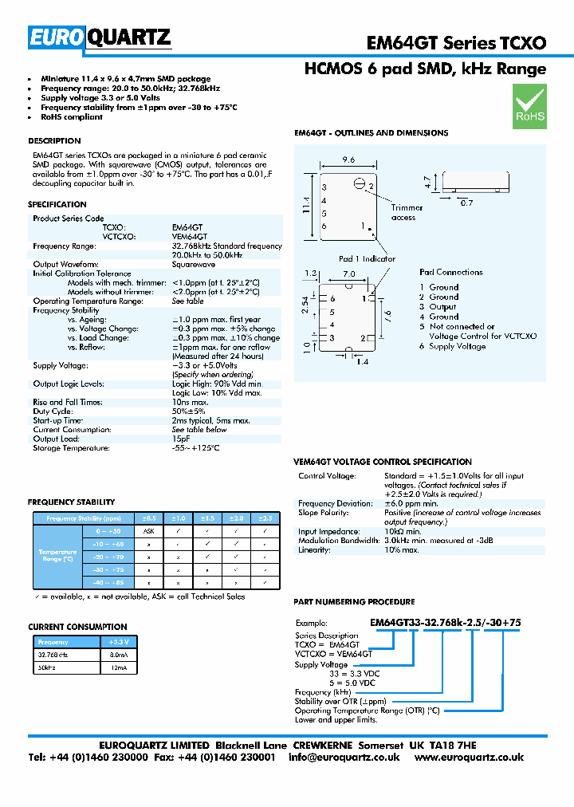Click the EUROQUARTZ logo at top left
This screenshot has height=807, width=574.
coord(100,37)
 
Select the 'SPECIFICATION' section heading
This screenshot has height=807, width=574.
coord(57,205)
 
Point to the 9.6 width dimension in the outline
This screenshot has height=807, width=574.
coord(348,160)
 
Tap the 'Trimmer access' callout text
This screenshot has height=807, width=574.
coord(407,213)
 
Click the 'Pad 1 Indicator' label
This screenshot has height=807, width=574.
coord(367,258)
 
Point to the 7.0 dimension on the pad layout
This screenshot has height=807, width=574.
coord(348,274)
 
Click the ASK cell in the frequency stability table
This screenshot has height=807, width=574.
coord(148,530)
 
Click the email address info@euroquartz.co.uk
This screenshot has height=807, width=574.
coord(344,757)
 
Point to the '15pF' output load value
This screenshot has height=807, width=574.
coord(181,439)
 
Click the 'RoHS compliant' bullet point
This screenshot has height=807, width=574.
coord(72,117)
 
